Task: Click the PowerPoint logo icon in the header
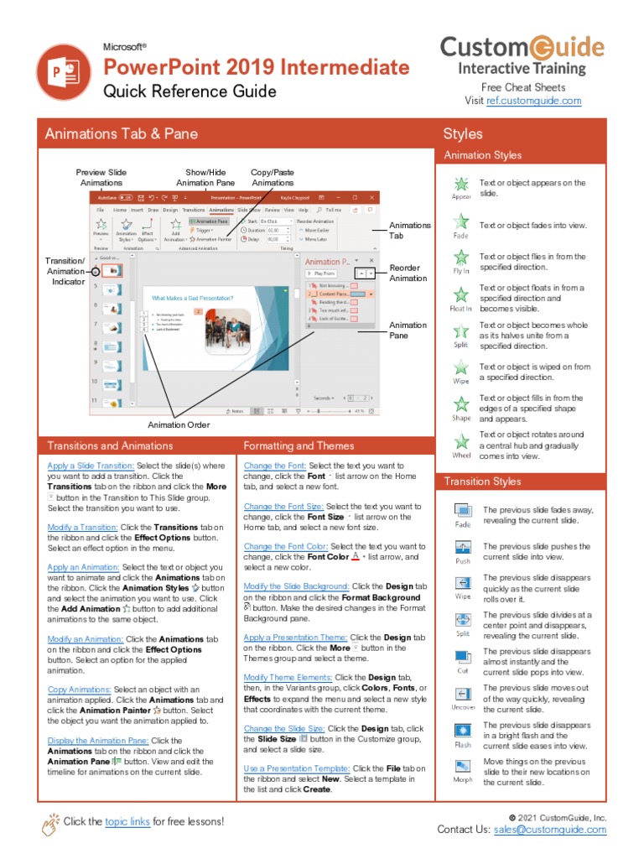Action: [x=65, y=72]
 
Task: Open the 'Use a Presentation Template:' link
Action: [x=297, y=768]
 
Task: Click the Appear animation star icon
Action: [x=461, y=184]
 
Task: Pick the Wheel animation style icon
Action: [x=461, y=441]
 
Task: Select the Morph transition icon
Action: [x=463, y=766]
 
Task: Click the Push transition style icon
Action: [x=463, y=547]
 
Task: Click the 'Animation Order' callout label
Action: [x=179, y=424]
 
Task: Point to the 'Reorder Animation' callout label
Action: [x=408, y=273]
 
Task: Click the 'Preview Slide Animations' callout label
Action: [x=101, y=177]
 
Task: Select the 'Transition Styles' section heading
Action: [x=482, y=482]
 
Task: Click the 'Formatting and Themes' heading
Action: [x=299, y=445]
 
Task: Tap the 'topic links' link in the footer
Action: [x=128, y=821]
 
